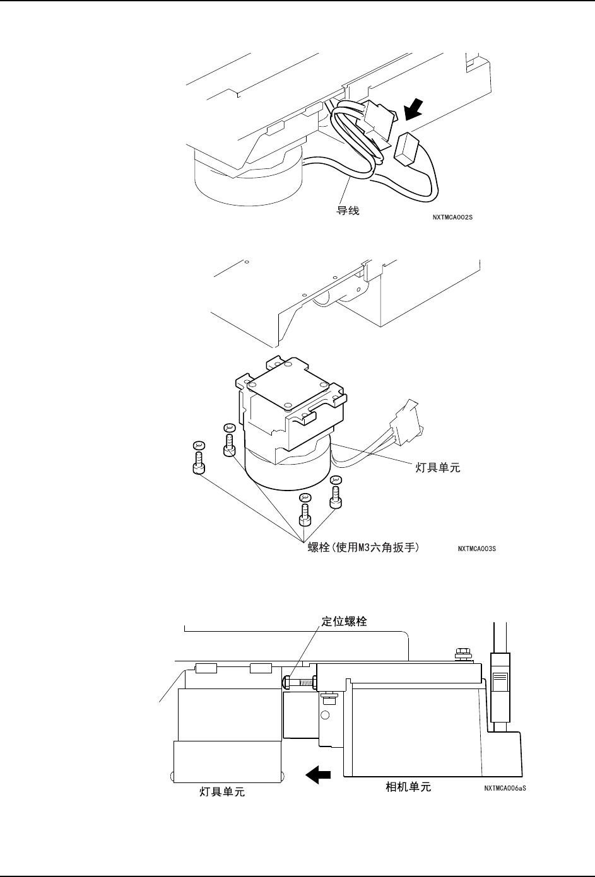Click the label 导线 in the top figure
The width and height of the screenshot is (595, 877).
[x=348, y=211]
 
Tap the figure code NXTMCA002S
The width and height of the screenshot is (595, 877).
[x=452, y=217]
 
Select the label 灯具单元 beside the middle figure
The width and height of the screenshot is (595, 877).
[x=437, y=468]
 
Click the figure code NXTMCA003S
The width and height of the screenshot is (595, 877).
[x=476, y=549]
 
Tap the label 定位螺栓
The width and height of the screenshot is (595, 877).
[x=344, y=621]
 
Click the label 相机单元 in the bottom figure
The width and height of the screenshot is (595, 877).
[x=408, y=787]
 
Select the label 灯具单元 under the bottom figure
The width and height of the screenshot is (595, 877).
[x=222, y=792]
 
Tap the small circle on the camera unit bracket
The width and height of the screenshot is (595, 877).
[x=325, y=715]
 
